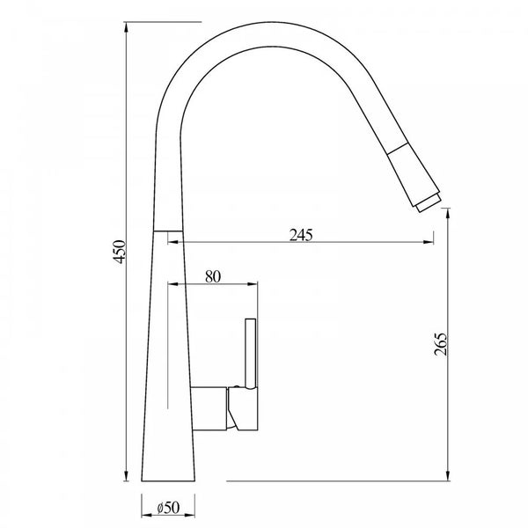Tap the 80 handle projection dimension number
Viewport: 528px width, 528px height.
pos(212,275)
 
